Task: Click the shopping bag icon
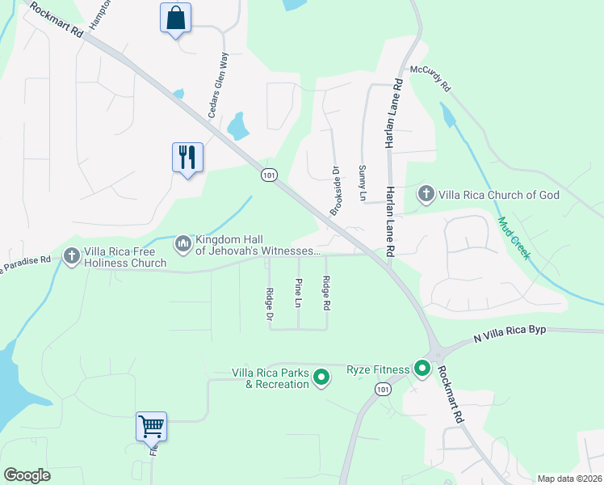pyautogui.click(x=176, y=18)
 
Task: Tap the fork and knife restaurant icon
pyautogui.click(x=187, y=157)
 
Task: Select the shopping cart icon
pyautogui.click(x=151, y=426)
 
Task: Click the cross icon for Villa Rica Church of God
pyautogui.click(x=426, y=194)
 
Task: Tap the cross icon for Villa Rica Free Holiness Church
pyautogui.click(x=71, y=256)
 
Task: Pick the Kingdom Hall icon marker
pyautogui.click(x=182, y=242)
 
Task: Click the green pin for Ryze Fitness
pyautogui.click(x=422, y=369)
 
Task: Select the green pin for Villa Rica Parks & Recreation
pyautogui.click(x=321, y=377)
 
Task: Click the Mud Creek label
pyautogui.click(x=514, y=238)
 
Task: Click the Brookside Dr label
pyautogui.click(x=335, y=191)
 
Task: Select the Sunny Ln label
pyautogui.click(x=362, y=183)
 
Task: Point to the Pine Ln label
pyautogui.click(x=298, y=293)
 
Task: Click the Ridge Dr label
pyautogui.click(x=270, y=305)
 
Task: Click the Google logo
pyautogui.click(x=27, y=474)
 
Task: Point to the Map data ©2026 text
pyautogui.click(x=568, y=479)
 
